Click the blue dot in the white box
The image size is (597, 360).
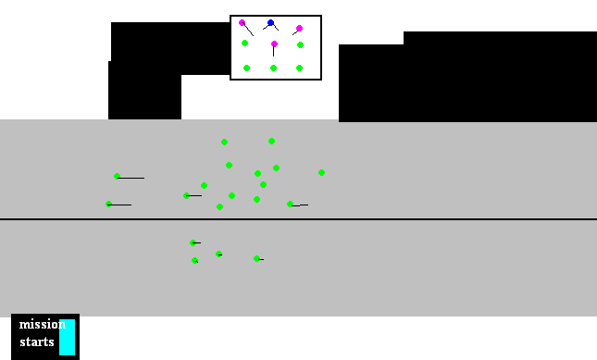point(270,23)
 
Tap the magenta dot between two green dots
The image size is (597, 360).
point(274,43)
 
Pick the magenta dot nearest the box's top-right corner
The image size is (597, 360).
point(299,29)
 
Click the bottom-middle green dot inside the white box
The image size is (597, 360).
point(273,68)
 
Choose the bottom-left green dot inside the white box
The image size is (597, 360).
point(246,68)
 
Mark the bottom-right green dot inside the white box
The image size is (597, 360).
point(299,68)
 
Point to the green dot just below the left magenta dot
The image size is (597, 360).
point(244,43)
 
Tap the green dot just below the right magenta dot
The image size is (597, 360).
point(300,44)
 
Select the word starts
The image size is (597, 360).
point(37,342)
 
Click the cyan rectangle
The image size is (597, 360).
point(67,337)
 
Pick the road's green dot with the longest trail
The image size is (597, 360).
point(117,176)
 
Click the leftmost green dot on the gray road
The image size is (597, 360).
point(108,204)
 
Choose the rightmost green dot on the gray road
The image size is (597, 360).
point(321,172)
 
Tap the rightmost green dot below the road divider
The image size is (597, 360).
point(256,258)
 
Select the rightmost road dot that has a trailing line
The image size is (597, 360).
point(290,204)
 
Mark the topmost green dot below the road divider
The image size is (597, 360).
point(193,242)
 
